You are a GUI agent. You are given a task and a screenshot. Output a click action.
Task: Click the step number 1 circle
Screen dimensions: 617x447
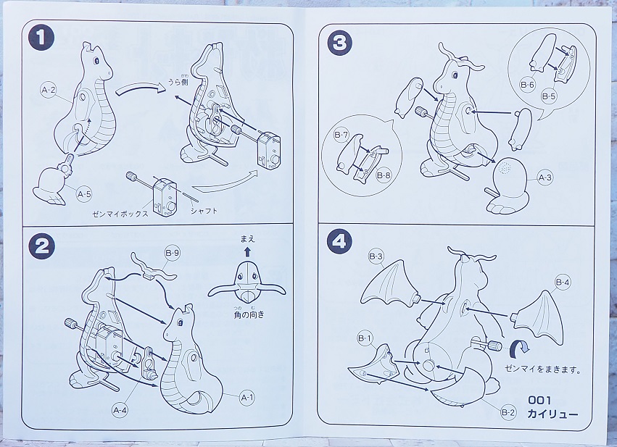pyautogui.click(x=41, y=38)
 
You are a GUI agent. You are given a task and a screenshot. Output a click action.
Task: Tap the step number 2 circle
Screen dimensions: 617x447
pyautogui.click(x=41, y=246)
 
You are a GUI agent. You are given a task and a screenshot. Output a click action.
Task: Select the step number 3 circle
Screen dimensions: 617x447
pyautogui.click(x=339, y=43)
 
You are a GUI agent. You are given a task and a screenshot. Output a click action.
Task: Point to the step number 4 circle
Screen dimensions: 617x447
pyautogui.click(x=339, y=241)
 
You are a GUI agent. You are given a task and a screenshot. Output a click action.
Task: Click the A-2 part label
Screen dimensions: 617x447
pyautogui.click(x=49, y=90)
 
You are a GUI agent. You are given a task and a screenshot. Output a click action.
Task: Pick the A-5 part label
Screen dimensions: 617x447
pyautogui.click(x=84, y=194)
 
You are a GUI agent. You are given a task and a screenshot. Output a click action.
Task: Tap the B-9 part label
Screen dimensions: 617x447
pyautogui.click(x=173, y=253)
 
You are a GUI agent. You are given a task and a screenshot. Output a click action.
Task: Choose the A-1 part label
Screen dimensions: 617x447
pyautogui.click(x=247, y=398)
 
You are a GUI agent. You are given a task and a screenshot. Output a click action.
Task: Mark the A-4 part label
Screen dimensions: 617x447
pyautogui.click(x=120, y=410)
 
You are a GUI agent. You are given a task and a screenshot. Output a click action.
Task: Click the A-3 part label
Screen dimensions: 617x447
pyautogui.click(x=545, y=177)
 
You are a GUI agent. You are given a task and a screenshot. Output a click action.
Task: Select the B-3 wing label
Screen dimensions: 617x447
pyautogui.click(x=376, y=256)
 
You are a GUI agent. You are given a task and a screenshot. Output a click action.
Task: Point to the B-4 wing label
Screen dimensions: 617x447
pyautogui.click(x=563, y=282)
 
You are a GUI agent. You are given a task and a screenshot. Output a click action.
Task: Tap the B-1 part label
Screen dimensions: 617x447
pyautogui.click(x=365, y=338)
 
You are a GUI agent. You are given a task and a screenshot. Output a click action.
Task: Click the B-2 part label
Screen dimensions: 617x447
pyautogui.click(x=508, y=412)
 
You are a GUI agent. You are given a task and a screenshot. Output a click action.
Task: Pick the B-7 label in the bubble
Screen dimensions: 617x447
pyautogui.click(x=341, y=135)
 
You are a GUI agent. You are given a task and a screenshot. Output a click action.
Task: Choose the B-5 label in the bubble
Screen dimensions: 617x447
pyautogui.click(x=549, y=96)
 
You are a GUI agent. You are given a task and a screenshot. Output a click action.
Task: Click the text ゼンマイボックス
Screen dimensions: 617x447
pyautogui.click(x=120, y=214)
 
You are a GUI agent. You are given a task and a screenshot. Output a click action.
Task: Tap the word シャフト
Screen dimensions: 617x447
pyautogui.click(x=204, y=211)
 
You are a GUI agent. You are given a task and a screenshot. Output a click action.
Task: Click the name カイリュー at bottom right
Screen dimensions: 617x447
pyautogui.click(x=552, y=414)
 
